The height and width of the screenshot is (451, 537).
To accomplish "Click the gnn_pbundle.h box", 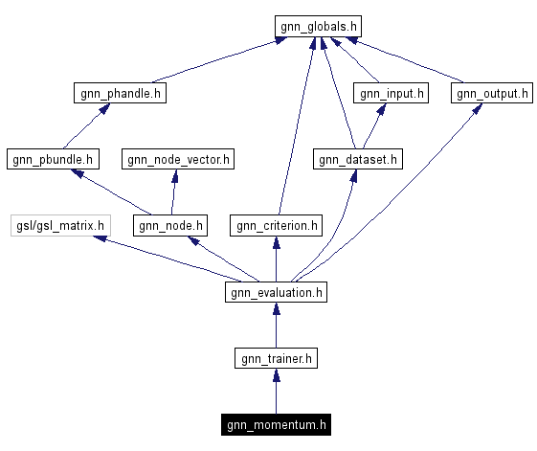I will pyautogui.click(x=52, y=159).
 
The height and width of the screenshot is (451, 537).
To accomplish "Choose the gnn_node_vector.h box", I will pyautogui.click(x=177, y=159).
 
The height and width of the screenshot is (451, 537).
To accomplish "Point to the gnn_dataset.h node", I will pyautogui.click(x=358, y=159).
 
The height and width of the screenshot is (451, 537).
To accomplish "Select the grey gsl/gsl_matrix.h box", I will pyautogui.click(x=59, y=226).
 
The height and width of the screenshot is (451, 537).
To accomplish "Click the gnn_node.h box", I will pyautogui.click(x=171, y=226).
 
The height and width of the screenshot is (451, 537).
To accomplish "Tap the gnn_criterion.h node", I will pyautogui.click(x=276, y=226).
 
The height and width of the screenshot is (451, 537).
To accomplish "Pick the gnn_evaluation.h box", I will pyautogui.click(x=276, y=292).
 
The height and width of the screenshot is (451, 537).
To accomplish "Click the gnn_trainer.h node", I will pyautogui.click(x=276, y=359).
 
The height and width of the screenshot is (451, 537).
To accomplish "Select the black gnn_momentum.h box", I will pyautogui.click(x=277, y=424).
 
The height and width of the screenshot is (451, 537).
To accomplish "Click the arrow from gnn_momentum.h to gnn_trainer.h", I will pyautogui.click(x=276, y=392).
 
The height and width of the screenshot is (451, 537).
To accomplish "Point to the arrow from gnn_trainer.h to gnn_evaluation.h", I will pyautogui.click(x=276, y=326).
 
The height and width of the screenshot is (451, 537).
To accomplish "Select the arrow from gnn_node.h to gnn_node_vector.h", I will pyautogui.click(x=173, y=192).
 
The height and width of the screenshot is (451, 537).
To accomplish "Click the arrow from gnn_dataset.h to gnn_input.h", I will pyautogui.click(x=373, y=126).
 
